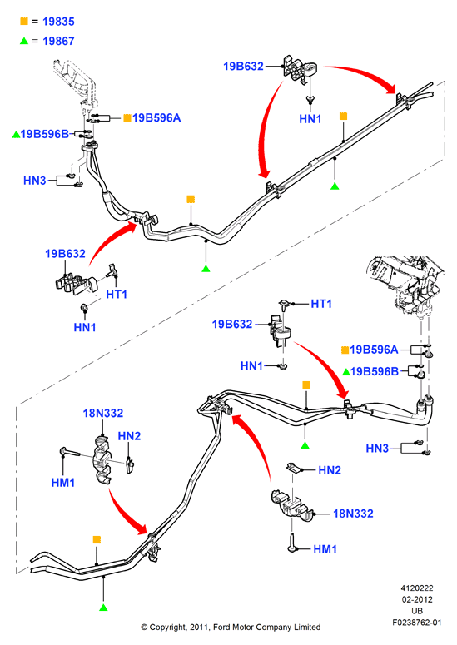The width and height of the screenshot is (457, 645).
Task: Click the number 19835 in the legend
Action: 58,22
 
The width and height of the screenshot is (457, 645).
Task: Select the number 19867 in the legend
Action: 58,41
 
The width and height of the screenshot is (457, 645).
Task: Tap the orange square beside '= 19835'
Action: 24,21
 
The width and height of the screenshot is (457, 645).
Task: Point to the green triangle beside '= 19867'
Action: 24,41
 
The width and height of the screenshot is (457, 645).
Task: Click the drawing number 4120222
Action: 417,588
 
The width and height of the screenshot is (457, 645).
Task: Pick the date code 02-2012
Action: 417,599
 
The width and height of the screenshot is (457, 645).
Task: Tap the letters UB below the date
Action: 417,611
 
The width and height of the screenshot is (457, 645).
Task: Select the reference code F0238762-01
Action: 417,623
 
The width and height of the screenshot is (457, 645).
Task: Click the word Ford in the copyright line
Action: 221,628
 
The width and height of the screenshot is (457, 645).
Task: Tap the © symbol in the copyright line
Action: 144,628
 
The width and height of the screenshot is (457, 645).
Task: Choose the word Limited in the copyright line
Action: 307,628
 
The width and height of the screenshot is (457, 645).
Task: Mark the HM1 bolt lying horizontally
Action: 71,452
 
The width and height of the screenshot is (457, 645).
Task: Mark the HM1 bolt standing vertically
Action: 291,542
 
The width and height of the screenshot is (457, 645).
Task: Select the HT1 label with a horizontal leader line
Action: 321,304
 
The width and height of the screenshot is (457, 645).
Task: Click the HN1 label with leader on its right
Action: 251,365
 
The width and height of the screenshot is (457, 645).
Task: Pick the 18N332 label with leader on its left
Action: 353,514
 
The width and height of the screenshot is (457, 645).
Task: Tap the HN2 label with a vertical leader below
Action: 129,436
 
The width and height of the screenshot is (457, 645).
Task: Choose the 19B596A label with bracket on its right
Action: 374,350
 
